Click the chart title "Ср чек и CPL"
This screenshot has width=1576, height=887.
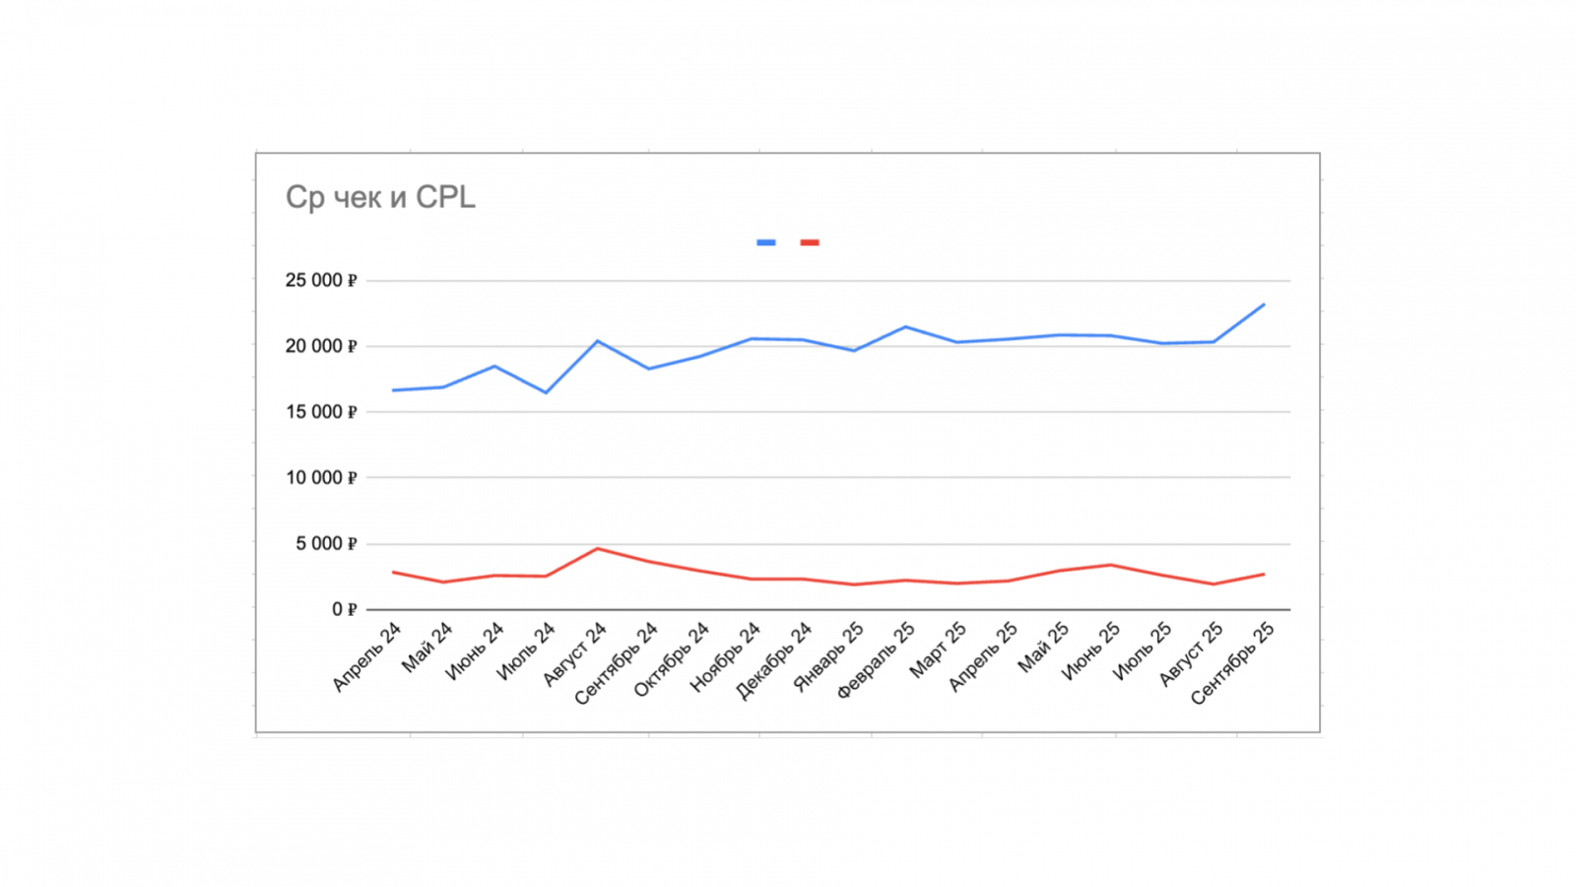[x=380, y=197]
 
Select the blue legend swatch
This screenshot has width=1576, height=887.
[x=765, y=242]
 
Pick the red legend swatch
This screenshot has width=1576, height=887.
[x=810, y=242]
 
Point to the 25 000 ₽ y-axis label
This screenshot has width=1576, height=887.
[x=321, y=281]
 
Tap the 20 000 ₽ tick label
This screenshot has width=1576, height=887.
[x=321, y=346]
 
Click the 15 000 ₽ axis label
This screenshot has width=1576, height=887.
[x=321, y=412]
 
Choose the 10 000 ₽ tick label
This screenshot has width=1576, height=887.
[x=321, y=478]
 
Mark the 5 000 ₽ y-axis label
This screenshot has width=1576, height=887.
[x=326, y=544]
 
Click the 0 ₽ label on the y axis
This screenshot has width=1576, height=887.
[x=344, y=610]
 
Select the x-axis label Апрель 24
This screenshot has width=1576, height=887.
[x=366, y=656]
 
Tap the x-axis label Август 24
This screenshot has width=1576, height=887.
[x=574, y=654]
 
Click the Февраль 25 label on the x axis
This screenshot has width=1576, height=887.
[x=876, y=660]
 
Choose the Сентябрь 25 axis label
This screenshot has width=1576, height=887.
[x=1232, y=663]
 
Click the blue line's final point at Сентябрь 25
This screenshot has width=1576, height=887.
[x=1264, y=305]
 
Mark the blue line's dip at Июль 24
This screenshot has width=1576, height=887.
[x=546, y=392]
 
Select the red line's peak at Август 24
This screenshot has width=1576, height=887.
[x=597, y=549]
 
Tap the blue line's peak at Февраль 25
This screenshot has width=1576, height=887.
[x=905, y=327]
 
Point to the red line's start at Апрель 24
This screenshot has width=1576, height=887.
[x=393, y=572]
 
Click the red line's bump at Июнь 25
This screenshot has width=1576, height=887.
[x=1110, y=565]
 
